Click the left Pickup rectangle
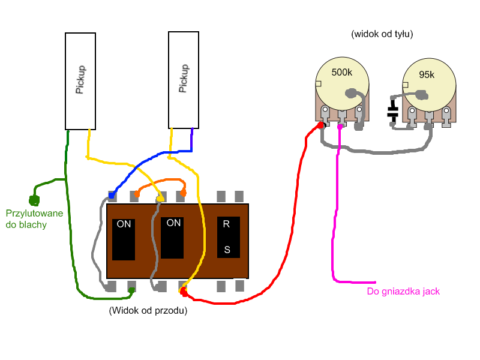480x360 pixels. tap(81, 81)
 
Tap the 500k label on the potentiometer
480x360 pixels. tap(342, 73)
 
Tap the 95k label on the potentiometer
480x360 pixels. tap(427, 75)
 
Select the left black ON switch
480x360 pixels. tap(124, 239)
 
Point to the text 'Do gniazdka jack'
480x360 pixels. tap(403, 292)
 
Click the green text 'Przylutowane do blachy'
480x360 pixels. tap(34, 219)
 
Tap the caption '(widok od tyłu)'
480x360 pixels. tap(382, 34)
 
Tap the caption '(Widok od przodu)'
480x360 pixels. tap(148, 311)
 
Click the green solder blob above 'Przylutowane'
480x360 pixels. tap(34, 200)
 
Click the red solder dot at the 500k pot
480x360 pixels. tap(321, 125)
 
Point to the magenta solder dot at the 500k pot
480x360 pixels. tap(340, 127)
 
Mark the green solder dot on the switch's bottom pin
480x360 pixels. tap(131, 291)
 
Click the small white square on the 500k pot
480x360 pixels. tap(319, 83)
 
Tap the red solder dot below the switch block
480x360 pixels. tap(183, 291)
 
